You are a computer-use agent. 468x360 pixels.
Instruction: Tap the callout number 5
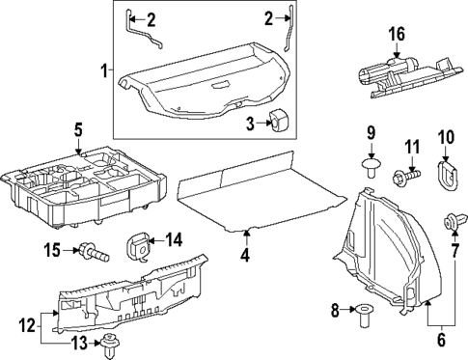78,128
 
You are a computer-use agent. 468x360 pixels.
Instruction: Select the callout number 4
245,256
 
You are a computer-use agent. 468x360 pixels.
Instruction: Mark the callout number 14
174,239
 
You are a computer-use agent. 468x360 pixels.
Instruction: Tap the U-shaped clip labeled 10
445,175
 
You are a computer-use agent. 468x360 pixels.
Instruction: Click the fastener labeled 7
452,226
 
